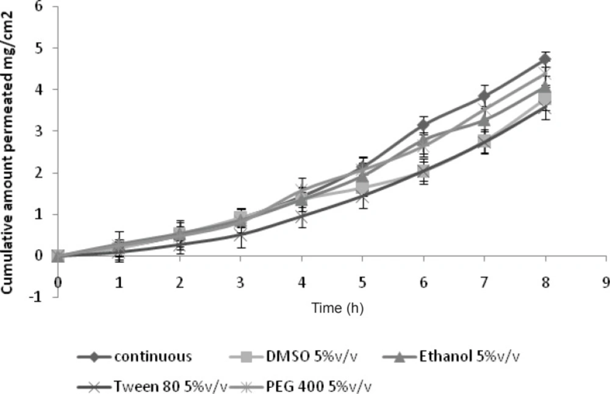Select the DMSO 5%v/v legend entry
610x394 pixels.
coord(299,356)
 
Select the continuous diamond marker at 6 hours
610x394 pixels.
coord(423,125)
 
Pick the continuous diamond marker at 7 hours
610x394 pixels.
coord(484,96)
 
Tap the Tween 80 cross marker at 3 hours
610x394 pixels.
coord(240,235)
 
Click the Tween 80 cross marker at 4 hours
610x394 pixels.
coord(301,216)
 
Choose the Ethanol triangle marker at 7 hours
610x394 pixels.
coord(484,119)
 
